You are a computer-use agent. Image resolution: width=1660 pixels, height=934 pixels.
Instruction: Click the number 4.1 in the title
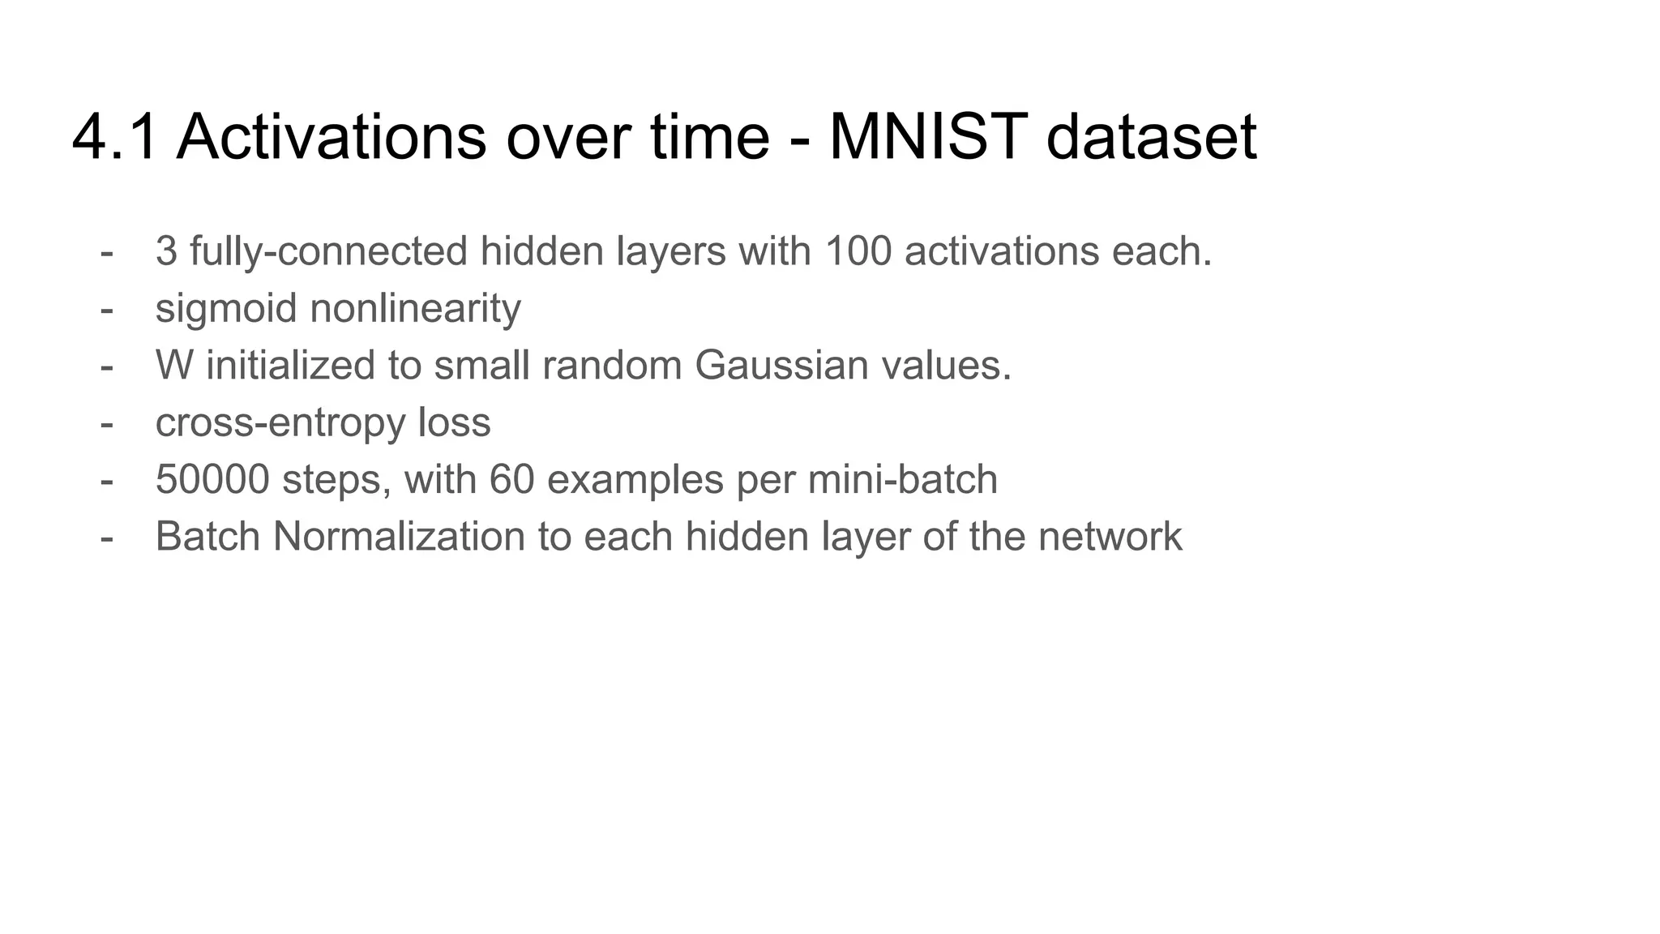pos(114,137)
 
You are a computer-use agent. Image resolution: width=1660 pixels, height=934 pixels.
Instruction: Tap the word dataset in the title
pos(1151,137)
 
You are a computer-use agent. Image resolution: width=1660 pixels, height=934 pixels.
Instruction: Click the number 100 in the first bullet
pos(858,251)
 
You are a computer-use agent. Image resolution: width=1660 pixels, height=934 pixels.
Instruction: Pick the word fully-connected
pos(328,251)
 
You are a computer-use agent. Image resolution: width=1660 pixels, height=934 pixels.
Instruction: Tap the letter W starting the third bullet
pos(174,366)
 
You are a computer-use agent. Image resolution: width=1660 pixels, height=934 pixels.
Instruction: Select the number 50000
pos(212,480)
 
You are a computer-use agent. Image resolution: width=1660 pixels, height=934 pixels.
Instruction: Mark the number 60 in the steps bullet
pos(511,480)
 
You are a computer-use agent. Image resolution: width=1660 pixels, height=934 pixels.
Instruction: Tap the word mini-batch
pos(902,480)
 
